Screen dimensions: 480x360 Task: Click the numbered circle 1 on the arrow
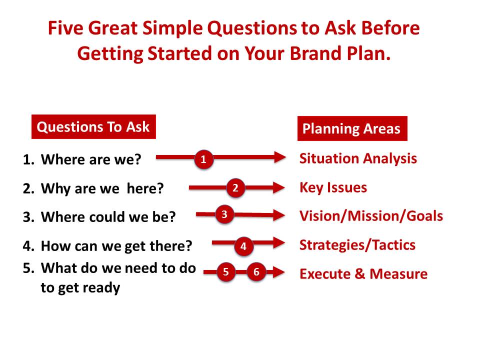(x=203, y=159)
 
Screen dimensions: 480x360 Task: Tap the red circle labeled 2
(x=235, y=187)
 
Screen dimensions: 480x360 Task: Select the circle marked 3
(x=224, y=214)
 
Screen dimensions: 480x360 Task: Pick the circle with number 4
(x=243, y=246)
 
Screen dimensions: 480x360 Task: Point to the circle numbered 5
(x=226, y=271)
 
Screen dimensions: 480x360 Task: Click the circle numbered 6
(x=256, y=271)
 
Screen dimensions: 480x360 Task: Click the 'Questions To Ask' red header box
(x=93, y=126)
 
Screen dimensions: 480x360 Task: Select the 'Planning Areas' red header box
(x=352, y=128)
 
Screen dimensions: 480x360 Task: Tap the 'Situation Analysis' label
(x=358, y=158)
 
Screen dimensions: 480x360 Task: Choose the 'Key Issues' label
(x=333, y=187)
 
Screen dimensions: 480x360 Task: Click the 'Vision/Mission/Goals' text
(x=371, y=216)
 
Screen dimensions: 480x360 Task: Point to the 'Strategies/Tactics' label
(x=357, y=245)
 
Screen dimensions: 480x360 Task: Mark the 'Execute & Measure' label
(x=363, y=273)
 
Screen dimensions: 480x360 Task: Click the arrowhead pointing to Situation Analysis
(x=280, y=157)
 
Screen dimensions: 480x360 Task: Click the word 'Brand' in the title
(x=315, y=53)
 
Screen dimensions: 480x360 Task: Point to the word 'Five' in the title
(x=65, y=28)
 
